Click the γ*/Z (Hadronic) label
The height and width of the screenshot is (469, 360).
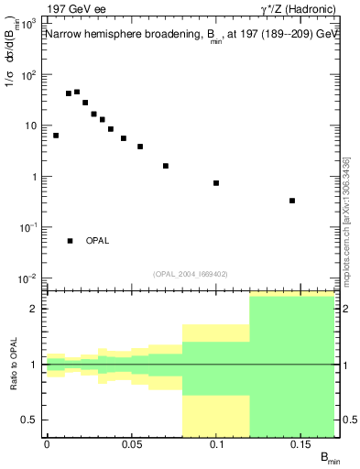click(294, 10)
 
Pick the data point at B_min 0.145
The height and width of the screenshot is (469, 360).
click(292, 201)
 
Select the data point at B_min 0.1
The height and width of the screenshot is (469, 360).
click(216, 183)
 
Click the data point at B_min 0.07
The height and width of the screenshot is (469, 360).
click(165, 166)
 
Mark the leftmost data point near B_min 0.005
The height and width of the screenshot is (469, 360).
click(56, 136)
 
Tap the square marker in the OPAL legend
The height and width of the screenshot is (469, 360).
click(70, 241)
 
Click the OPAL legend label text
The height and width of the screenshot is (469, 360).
click(97, 241)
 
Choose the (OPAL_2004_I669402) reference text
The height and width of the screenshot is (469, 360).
click(191, 273)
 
